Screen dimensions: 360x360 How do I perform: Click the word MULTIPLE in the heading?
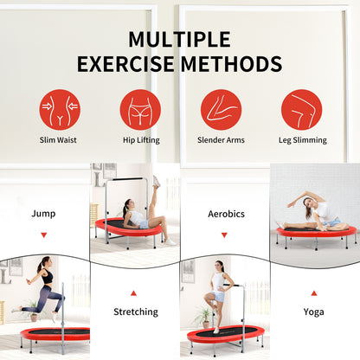pyautogui.click(x=179, y=39)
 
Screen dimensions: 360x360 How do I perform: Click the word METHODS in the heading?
pyautogui.click(x=231, y=64)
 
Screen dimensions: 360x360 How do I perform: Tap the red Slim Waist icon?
pyautogui.click(x=60, y=110)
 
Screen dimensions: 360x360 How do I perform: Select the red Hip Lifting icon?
pyautogui.click(x=140, y=110)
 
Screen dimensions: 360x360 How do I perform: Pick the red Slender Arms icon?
pyautogui.click(x=221, y=110)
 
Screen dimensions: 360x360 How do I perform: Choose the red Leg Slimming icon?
pyautogui.click(x=302, y=110)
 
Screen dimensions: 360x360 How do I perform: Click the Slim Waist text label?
pyautogui.click(x=58, y=140)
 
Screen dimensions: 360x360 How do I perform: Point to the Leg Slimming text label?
pyautogui.click(x=303, y=140)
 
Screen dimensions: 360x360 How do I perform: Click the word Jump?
pyautogui.click(x=43, y=214)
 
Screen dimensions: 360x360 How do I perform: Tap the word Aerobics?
pyautogui.click(x=226, y=214)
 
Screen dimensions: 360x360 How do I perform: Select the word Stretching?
pyautogui.click(x=136, y=312)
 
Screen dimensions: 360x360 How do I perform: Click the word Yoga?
pyautogui.click(x=313, y=312)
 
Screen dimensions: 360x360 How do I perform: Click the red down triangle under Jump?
pyautogui.click(x=44, y=235)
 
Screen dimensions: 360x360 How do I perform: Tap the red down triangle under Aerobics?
pyautogui.click(x=224, y=235)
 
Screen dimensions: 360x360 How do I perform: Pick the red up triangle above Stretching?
pyautogui.click(x=133, y=293)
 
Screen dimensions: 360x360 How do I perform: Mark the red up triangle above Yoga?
pyautogui.click(x=314, y=293)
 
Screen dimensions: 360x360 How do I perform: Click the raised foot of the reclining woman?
pyautogui.click(x=157, y=181)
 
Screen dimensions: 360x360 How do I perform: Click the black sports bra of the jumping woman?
pyautogui.click(x=48, y=276)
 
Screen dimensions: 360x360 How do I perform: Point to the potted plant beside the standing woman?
pyautogui.click(x=203, y=318)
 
